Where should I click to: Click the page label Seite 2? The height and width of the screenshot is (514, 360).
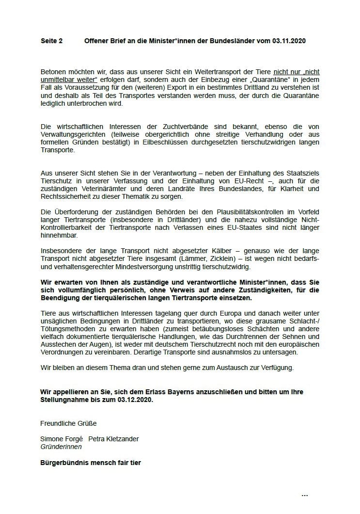point(51,41)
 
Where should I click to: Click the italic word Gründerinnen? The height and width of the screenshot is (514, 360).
point(61,447)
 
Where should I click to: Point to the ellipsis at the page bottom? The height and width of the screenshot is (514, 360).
point(305,495)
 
